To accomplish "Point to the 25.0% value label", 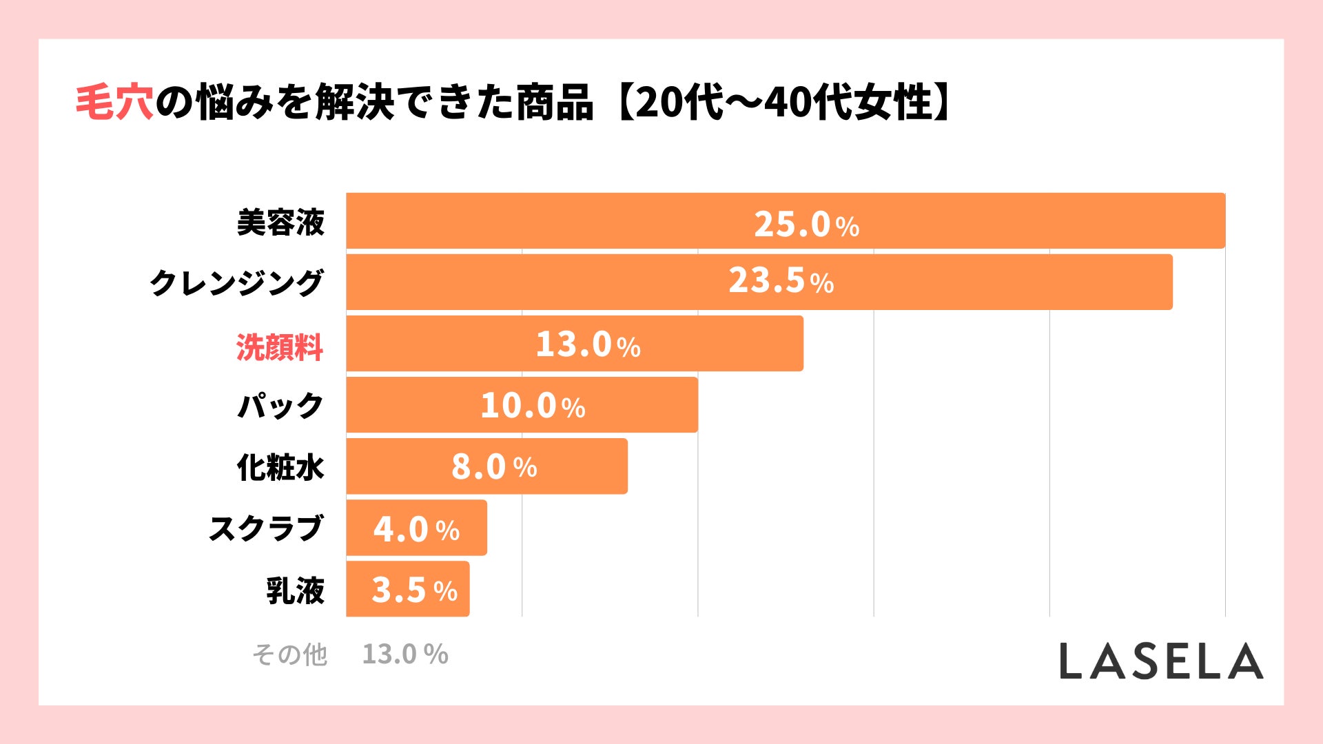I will pos(806,224).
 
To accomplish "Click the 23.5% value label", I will pos(781,281).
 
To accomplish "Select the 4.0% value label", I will pos(416,529).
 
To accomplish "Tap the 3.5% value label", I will pos(414,590).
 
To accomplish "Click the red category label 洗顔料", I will pos(280,347).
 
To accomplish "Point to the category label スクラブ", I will pos(266,529).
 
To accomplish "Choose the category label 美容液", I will pos(280,223).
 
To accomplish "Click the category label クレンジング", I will pos(236,283).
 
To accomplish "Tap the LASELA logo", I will pos(1161,661).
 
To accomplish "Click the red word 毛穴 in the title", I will pos(114,103).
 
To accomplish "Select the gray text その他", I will pos(289,654).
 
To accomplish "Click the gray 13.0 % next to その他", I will pos(405,654).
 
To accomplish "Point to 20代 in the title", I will pos(679,103).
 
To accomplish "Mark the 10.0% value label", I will pos(533,406).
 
